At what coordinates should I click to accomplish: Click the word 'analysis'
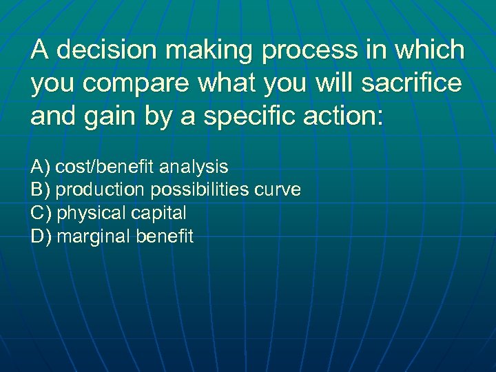point(194,166)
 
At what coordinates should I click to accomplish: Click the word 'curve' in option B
point(279,189)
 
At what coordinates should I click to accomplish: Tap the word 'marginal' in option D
point(92,236)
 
